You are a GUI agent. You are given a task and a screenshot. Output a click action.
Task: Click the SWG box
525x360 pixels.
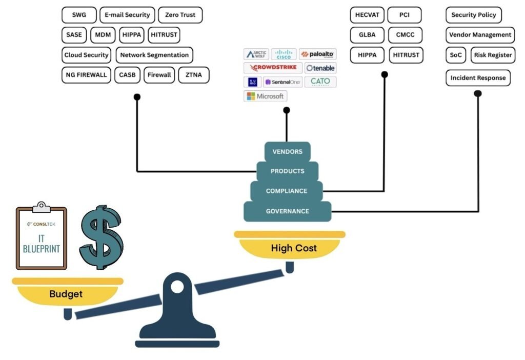point(79,15)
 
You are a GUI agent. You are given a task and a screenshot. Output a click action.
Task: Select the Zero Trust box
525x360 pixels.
point(180,15)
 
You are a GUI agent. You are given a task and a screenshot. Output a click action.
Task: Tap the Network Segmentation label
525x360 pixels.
point(154,55)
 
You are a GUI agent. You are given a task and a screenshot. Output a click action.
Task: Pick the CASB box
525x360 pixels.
point(127,75)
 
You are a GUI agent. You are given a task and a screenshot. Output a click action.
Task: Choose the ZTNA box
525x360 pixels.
point(194,75)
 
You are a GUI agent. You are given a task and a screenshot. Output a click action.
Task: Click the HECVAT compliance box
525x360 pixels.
point(367,15)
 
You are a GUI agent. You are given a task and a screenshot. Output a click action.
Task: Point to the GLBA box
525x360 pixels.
point(367,35)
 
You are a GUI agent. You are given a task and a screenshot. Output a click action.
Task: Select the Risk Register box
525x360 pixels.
point(493,55)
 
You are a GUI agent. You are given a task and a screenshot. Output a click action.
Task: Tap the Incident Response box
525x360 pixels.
point(478,78)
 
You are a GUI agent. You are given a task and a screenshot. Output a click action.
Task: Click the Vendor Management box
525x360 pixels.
point(480,35)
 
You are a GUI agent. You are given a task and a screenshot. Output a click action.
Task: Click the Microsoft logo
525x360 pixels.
point(265,96)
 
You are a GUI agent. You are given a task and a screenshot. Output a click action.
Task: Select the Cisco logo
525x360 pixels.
point(284,54)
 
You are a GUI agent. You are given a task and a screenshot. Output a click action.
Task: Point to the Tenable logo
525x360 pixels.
point(320,68)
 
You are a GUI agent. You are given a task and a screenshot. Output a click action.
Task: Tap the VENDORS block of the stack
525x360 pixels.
point(287,151)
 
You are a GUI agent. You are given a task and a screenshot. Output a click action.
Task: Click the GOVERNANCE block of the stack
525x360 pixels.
point(287,211)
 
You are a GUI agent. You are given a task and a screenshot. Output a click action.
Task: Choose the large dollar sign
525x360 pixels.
point(101,237)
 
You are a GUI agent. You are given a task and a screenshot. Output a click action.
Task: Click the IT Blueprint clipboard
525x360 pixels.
point(42,238)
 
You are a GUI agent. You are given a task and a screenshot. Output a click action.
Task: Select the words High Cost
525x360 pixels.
point(294,248)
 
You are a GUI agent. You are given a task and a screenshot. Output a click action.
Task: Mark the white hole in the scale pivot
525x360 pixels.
point(177,287)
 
